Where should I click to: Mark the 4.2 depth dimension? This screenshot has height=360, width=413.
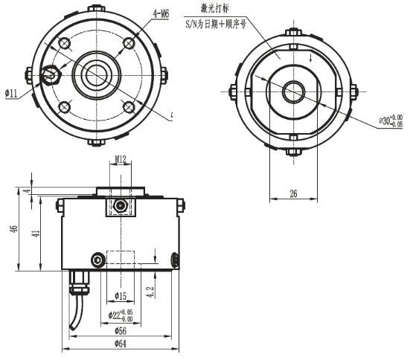(151, 291)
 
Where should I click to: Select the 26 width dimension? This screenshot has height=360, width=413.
(292, 193)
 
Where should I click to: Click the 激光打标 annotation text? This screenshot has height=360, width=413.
(215, 7)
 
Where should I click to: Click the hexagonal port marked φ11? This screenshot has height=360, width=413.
(51, 75)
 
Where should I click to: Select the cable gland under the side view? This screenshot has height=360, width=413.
(76, 283)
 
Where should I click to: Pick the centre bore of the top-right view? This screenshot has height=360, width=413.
(292, 91)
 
